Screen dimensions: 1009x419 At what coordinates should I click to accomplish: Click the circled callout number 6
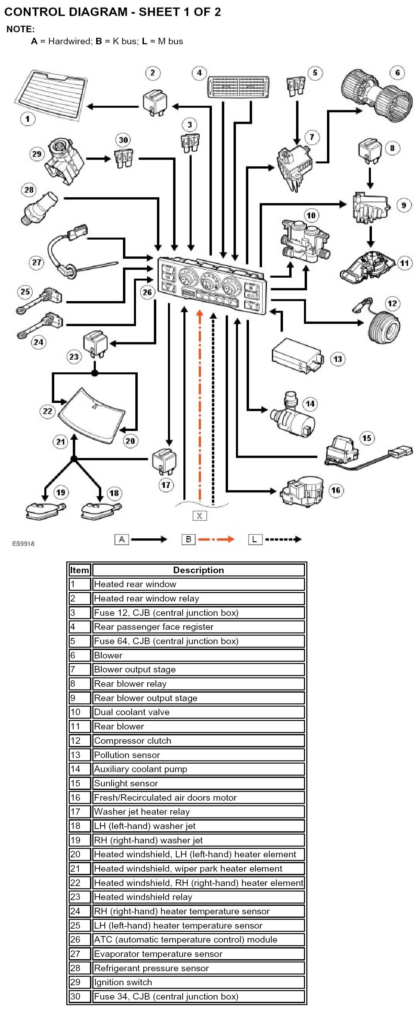click(x=397, y=73)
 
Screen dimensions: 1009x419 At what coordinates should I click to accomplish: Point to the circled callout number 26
click(x=147, y=292)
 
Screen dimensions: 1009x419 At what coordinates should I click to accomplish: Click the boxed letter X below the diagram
click(x=200, y=515)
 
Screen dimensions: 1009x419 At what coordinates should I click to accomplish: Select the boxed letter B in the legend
click(x=189, y=540)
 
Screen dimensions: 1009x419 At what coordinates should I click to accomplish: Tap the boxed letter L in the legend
click(x=255, y=540)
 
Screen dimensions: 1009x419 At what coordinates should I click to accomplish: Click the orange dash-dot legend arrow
click(x=216, y=540)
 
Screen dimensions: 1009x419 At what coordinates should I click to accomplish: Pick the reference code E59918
click(x=23, y=543)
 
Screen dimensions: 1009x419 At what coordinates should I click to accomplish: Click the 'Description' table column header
click(x=198, y=570)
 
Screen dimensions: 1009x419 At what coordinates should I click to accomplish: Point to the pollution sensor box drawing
click(x=297, y=356)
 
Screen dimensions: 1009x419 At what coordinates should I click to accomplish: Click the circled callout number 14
click(x=310, y=404)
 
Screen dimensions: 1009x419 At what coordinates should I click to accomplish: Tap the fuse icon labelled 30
click(x=123, y=159)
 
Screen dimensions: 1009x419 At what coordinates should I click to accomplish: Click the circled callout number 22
click(x=47, y=411)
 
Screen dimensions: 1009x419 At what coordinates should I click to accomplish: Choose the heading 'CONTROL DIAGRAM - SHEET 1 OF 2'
click(x=113, y=12)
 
